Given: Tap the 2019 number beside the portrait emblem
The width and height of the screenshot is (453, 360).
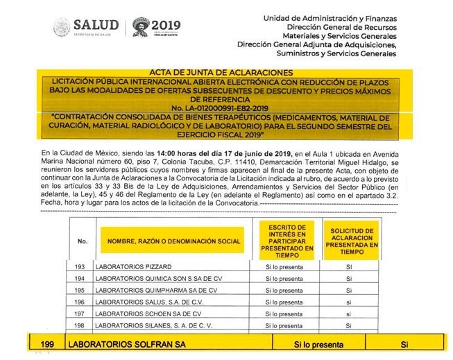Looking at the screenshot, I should coord(165,26).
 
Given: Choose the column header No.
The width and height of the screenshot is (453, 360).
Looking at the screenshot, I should coord(83,241).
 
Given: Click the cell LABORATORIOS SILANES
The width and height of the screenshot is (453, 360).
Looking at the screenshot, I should coord(145,325).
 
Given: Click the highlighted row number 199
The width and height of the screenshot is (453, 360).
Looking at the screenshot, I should coord(47,344).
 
